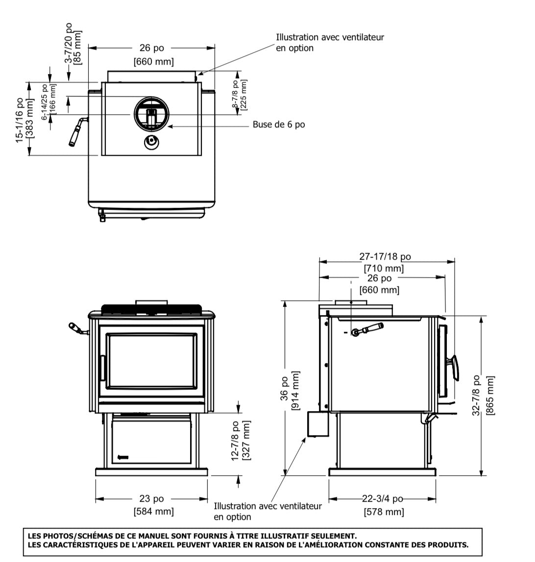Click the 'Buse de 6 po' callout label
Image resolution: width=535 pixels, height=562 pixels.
279,124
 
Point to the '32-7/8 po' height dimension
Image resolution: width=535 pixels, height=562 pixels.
477,396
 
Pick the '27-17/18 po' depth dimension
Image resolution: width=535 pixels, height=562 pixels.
385,256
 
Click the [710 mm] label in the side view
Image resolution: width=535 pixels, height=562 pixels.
384,268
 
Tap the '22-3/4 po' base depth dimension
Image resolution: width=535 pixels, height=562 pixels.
382,499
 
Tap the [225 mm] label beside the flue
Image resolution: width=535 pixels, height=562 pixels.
244,95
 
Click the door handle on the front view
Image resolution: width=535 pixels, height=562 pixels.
103,367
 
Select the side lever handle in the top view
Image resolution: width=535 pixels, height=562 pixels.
76,131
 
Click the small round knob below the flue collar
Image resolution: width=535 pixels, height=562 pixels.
151,143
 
